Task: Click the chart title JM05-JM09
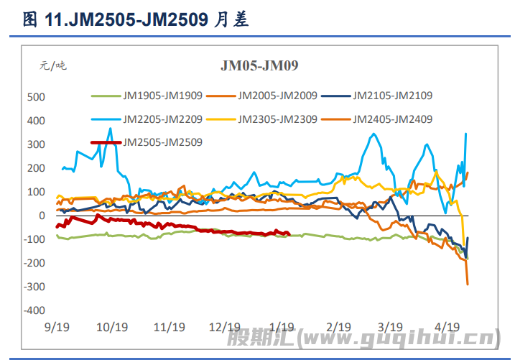click(x=259, y=66)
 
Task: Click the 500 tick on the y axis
click(x=36, y=97)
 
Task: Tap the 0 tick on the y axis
click(x=41, y=216)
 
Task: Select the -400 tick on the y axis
click(x=34, y=311)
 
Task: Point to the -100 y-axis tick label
click(x=34, y=239)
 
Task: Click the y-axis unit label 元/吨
click(x=52, y=65)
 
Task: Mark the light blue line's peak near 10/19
click(x=110, y=129)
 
